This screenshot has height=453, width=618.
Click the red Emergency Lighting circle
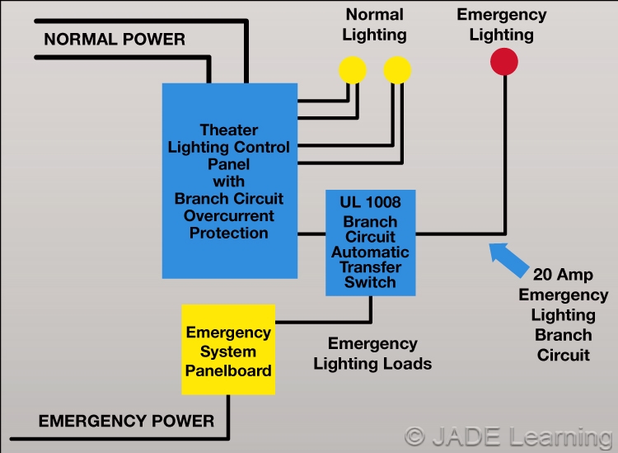pos(504,62)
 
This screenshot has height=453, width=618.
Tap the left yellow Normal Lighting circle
pos(353,70)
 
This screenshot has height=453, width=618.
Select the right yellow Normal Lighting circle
pos(397,70)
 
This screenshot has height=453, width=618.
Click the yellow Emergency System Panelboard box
pos(228,350)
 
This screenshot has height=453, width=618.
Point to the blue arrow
pos(508,259)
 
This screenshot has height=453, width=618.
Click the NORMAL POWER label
pos(115,40)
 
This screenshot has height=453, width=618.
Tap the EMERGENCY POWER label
pos(126,421)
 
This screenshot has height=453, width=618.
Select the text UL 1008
pos(370,202)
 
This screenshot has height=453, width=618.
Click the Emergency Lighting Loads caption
pos(372,354)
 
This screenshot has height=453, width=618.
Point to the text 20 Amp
pos(563,275)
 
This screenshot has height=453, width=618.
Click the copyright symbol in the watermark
pos(415,436)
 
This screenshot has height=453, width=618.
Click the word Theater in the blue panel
pos(229,130)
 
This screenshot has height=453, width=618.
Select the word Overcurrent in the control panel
pos(228,216)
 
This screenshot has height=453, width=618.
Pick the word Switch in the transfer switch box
pos(370,282)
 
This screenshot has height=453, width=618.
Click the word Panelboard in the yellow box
pos(228,371)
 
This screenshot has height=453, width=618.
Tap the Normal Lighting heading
pos(374,25)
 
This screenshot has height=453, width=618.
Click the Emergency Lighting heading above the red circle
pos(502,25)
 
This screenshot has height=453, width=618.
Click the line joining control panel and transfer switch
pos(311,234)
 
